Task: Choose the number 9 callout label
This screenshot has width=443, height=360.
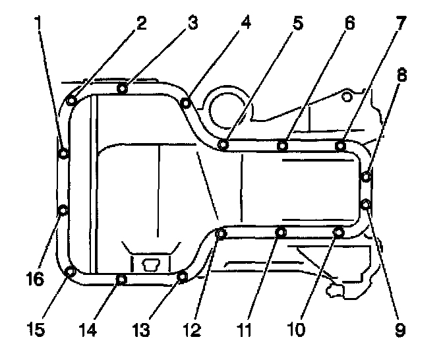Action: (399, 328)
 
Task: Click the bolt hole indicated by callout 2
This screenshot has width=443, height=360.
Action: (71, 102)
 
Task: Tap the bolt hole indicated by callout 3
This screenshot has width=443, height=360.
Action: (122, 88)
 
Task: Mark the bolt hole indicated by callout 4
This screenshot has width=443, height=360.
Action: (186, 102)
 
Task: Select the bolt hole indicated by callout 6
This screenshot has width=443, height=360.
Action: (282, 145)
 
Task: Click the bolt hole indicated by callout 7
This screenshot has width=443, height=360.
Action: (340, 145)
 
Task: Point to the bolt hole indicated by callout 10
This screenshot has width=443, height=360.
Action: (339, 231)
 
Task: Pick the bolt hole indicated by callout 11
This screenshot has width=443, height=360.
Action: (281, 231)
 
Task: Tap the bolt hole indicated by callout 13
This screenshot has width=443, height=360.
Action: (183, 276)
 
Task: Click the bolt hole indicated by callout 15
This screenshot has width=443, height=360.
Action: (71, 270)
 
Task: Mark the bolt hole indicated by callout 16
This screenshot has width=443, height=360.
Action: (63, 210)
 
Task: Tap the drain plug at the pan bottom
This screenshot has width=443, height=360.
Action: (150, 264)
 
